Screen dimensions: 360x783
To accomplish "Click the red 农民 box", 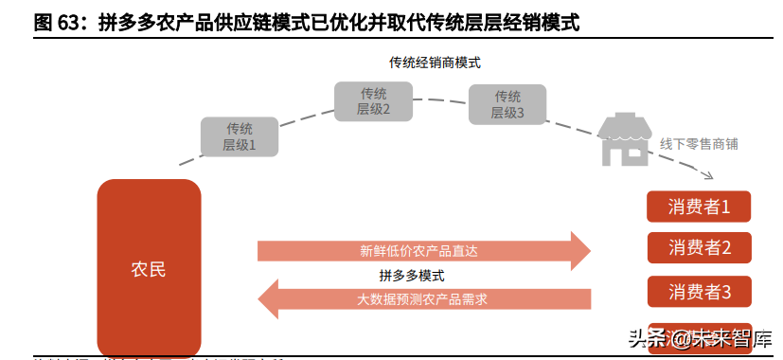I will tap(149, 268).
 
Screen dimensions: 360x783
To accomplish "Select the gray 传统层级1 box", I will tap(240, 137).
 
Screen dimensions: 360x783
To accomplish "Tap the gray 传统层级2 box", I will tap(373, 101).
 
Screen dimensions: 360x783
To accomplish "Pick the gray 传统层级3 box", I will tap(507, 104).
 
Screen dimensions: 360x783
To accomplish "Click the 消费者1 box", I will tap(699, 207).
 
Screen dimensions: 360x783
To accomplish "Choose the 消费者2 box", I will tap(699, 248).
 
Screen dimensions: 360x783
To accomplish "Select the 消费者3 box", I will tap(699, 292).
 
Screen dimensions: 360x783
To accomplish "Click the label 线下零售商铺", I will tap(699, 144).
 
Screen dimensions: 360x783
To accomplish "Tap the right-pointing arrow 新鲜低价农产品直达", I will tap(423, 251).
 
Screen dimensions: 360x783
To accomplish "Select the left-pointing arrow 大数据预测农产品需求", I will tap(423, 299).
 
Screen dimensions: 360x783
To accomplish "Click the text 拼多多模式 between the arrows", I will tap(412, 276).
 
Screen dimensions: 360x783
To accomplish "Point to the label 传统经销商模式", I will tap(436, 63).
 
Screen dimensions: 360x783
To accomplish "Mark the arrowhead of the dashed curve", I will tap(707, 176).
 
